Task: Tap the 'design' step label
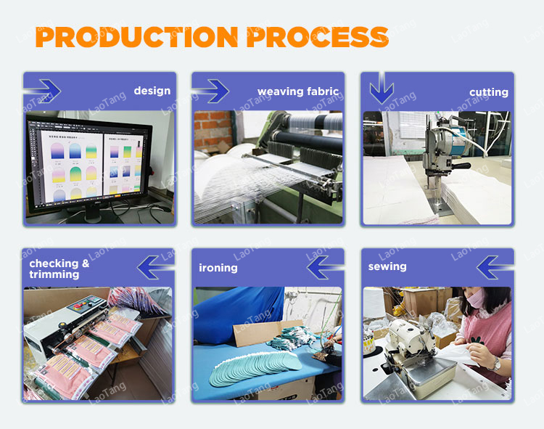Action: (x=152, y=91)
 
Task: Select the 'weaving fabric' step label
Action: (x=298, y=91)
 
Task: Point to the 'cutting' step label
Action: (x=489, y=92)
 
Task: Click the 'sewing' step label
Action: (x=387, y=266)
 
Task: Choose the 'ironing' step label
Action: (x=218, y=268)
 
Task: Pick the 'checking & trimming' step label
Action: (x=59, y=269)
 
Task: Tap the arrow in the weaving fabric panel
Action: (x=211, y=91)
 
